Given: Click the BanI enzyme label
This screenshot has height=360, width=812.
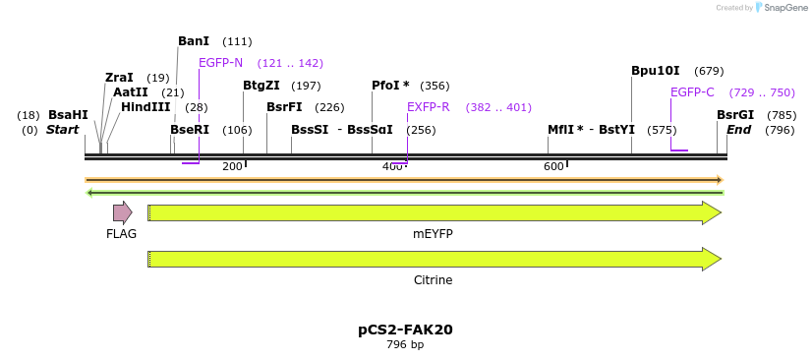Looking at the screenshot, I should [x=194, y=41].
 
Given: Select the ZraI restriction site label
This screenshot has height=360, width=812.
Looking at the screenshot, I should [x=119, y=78].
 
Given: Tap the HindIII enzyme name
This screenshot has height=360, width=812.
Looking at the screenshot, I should [x=145, y=107].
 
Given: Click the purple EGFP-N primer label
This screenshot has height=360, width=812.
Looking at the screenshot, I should [x=220, y=63].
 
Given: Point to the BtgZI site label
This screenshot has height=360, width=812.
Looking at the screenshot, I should [x=261, y=86].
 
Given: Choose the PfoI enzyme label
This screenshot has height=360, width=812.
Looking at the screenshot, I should [x=390, y=86].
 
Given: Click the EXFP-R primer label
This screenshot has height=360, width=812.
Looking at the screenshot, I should [x=429, y=107].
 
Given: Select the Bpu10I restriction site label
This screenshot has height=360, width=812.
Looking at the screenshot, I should [x=656, y=71].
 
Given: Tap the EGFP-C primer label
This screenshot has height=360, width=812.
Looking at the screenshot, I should [x=692, y=92].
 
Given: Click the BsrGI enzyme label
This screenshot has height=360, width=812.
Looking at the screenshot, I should [x=735, y=115].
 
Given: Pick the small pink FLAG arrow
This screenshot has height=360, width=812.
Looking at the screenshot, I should [x=122, y=212].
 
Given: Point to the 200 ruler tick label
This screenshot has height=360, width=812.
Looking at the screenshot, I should [x=232, y=166].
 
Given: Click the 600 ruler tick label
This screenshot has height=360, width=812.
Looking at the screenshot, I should [x=553, y=166].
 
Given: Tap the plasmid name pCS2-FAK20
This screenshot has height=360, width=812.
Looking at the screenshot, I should [x=405, y=330].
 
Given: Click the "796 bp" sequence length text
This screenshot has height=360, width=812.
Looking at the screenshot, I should [x=405, y=345].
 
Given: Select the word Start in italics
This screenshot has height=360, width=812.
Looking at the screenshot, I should [x=62, y=130].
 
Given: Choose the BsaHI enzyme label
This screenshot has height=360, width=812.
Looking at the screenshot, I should [x=68, y=115].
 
